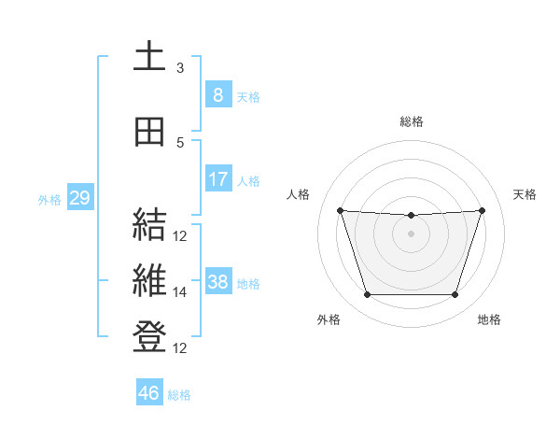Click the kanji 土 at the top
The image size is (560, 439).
pyautogui.click(x=148, y=58)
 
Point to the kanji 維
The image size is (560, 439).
pyautogui.click(x=148, y=281)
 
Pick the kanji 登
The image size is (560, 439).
pyautogui.click(x=148, y=337)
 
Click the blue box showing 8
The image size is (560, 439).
pyautogui.click(x=217, y=94)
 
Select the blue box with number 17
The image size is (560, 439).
pyautogui.click(x=217, y=178)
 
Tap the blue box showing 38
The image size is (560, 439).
pyautogui.click(x=217, y=281)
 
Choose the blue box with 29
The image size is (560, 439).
pyautogui.click(x=79, y=197)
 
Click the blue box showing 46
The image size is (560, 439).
pyautogui.click(x=149, y=392)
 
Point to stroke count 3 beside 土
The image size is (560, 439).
pyautogui.click(x=180, y=68)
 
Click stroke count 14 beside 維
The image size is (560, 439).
pyautogui.click(x=180, y=292)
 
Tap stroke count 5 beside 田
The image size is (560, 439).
pyautogui.click(x=180, y=143)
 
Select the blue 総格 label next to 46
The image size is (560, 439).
pyautogui.click(x=179, y=395)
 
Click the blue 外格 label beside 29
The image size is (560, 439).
pyautogui.click(x=49, y=199)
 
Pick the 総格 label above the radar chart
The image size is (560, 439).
pyautogui.click(x=411, y=121)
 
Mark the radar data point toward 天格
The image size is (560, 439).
pyautogui.click(x=482, y=210)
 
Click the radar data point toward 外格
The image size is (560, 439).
pyautogui.click(x=367, y=295)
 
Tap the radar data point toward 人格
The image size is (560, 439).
pyautogui.click(x=340, y=210)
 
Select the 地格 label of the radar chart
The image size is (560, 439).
pyautogui.click(x=489, y=320)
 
